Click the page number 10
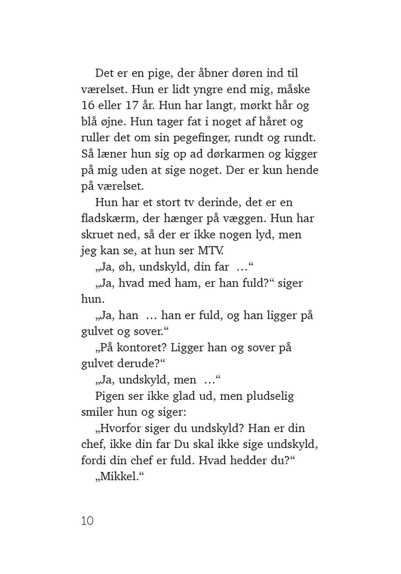87,521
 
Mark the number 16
88,105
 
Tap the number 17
131,105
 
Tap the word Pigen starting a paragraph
110,396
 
